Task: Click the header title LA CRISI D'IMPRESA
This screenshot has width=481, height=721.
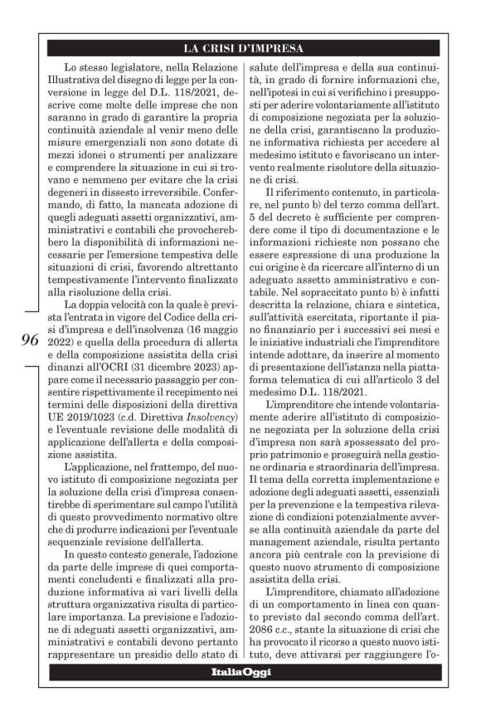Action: (x=243, y=47)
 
